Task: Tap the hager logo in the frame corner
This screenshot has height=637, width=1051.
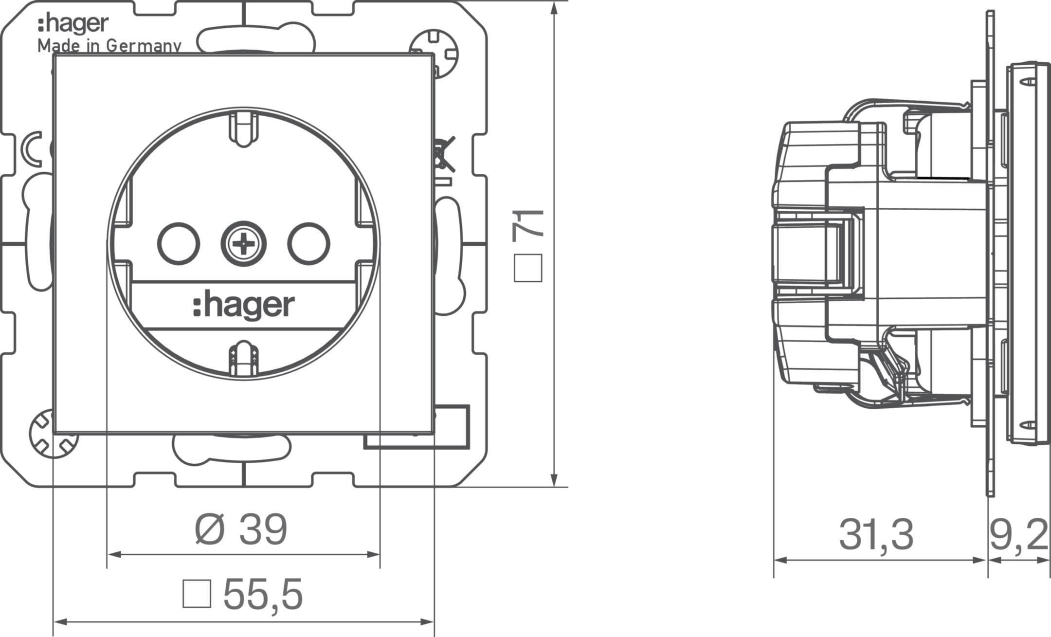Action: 73,24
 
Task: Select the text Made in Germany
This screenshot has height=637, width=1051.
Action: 109,46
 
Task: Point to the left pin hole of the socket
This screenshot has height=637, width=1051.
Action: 179,243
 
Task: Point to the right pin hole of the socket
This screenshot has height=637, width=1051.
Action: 308,243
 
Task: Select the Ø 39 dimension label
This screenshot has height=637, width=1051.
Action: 241,530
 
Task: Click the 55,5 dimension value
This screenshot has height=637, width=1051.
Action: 263,594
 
